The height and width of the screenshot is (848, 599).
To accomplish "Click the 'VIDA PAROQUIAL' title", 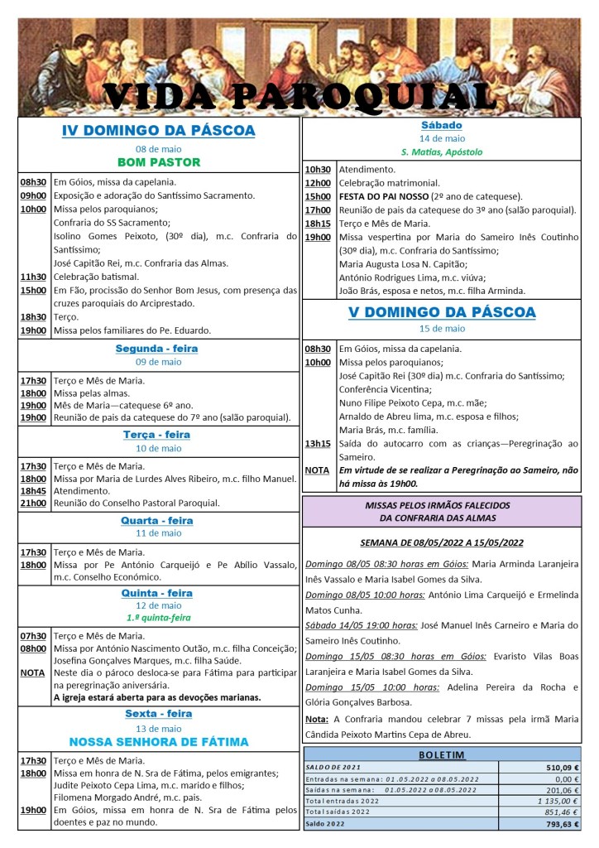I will tap(299, 97).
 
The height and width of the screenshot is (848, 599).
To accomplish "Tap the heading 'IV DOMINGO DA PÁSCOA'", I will tap(159, 131).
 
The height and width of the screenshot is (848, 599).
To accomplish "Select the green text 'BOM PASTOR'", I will tap(159, 162).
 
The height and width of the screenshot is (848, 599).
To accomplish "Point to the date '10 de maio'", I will tap(159, 448).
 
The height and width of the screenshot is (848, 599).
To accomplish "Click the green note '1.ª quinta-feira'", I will tap(159, 618).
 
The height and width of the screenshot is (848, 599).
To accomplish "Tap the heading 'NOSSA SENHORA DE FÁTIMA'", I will tap(159, 741).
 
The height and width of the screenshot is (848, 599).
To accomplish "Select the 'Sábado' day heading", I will tap(442, 125).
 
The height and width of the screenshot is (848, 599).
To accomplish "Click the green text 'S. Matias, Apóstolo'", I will tap(442, 152).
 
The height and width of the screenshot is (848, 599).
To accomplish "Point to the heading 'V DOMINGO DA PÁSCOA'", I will tap(442, 312).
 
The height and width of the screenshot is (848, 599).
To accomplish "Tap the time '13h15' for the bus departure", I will tap(318, 443).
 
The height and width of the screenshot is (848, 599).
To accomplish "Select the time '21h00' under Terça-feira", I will tap(34, 503).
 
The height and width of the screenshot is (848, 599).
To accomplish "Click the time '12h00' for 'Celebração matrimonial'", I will tap(318, 183).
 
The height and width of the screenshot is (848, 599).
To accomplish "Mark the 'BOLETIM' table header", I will tap(442, 754).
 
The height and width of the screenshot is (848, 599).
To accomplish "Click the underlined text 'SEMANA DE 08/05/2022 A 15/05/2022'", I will tap(442, 542).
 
